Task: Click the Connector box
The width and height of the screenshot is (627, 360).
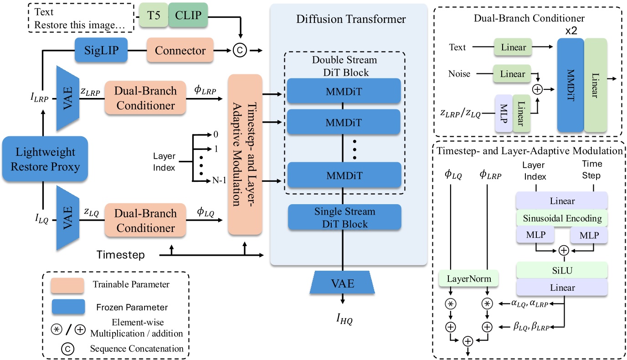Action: [180, 50]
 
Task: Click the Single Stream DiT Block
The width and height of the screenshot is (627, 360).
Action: [344, 217]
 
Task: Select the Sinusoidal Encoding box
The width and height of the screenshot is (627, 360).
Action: [562, 218]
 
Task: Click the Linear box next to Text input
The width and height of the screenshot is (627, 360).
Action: [513, 47]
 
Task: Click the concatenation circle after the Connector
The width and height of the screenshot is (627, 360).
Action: [237, 50]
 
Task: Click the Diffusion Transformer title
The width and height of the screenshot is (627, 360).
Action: [351, 19]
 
